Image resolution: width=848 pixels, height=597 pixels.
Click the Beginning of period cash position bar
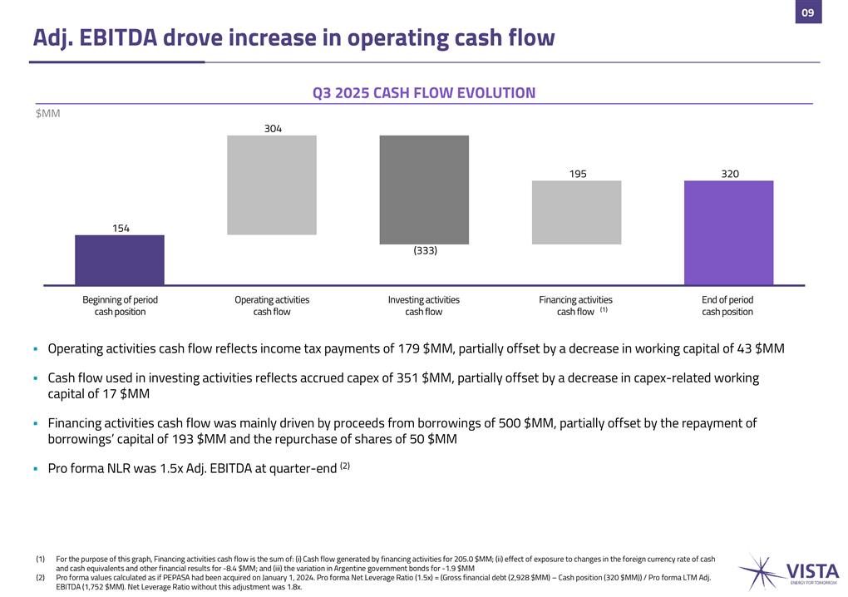(x=120, y=259)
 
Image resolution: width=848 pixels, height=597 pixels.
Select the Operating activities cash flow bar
(x=272, y=185)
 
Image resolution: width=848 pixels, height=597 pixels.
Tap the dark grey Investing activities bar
(x=424, y=190)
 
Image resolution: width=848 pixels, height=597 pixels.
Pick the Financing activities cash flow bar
(x=576, y=212)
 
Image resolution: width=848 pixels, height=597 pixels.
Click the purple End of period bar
(x=728, y=233)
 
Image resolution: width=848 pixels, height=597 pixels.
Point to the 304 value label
(x=273, y=129)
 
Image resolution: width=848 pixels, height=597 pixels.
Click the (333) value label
(x=425, y=250)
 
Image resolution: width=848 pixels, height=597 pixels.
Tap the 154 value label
(x=121, y=228)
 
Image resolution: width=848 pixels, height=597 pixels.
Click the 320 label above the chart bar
(x=729, y=174)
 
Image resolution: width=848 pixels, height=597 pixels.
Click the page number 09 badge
(x=808, y=12)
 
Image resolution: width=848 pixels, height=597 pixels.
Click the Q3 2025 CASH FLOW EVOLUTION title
(x=424, y=93)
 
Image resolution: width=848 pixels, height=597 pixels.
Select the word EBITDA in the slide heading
(x=126, y=37)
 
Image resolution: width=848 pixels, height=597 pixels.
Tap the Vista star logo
(x=761, y=573)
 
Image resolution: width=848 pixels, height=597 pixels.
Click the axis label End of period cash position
(x=727, y=305)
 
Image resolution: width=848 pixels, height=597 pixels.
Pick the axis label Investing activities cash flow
(x=423, y=305)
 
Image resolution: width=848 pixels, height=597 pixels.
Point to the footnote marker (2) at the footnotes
(x=41, y=577)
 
